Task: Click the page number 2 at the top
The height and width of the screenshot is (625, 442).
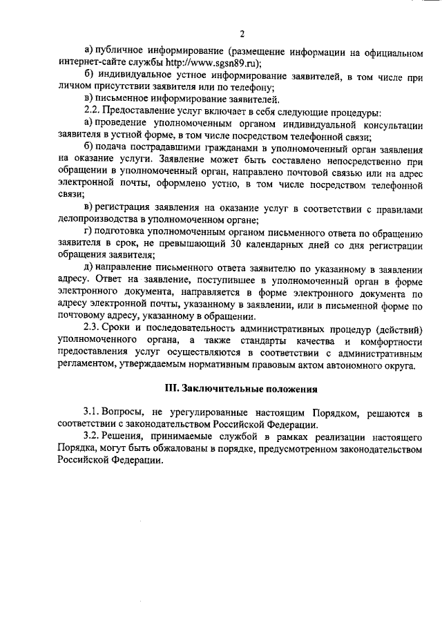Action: coord(242,35)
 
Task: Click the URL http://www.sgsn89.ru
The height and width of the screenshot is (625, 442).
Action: coord(211,63)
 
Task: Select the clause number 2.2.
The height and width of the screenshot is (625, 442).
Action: coord(91,113)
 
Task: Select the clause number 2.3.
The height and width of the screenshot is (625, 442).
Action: coord(91,329)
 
